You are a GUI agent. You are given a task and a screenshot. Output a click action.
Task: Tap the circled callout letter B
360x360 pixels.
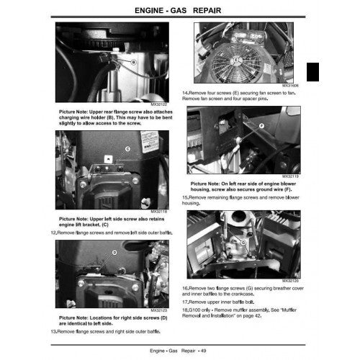click(x=133, y=63)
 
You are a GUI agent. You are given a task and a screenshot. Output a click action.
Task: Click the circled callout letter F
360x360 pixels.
click(x=241, y=125)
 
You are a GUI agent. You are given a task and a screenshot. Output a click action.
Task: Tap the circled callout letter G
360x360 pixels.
click(x=244, y=243)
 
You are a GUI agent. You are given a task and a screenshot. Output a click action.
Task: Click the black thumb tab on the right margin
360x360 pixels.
click(x=312, y=73)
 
